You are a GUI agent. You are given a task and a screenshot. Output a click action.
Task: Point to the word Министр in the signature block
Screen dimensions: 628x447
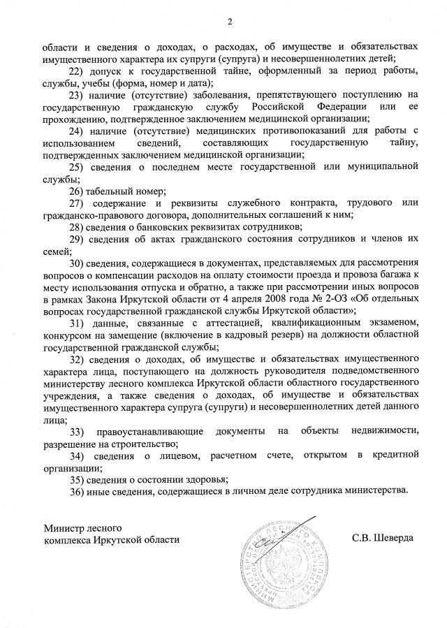pyautogui.click(x=65, y=527)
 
